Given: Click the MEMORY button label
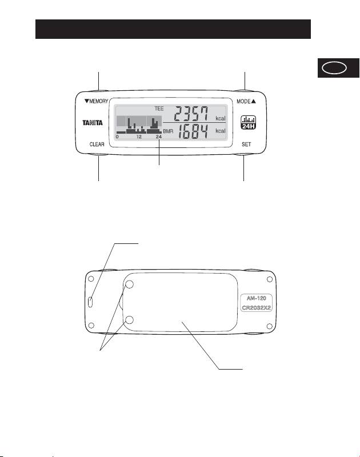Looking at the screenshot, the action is click(96, 101).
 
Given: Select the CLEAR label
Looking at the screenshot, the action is click(97, 145).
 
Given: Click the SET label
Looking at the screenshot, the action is click(246, 144).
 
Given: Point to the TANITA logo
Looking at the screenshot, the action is click(93, 123).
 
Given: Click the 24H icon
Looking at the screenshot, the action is click(249, 122).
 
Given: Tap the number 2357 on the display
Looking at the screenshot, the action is click(191, 114).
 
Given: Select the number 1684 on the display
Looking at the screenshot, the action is click(193, 131).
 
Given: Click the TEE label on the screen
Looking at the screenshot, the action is click(159, 109).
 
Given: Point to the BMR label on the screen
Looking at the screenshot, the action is click(168, 131).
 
